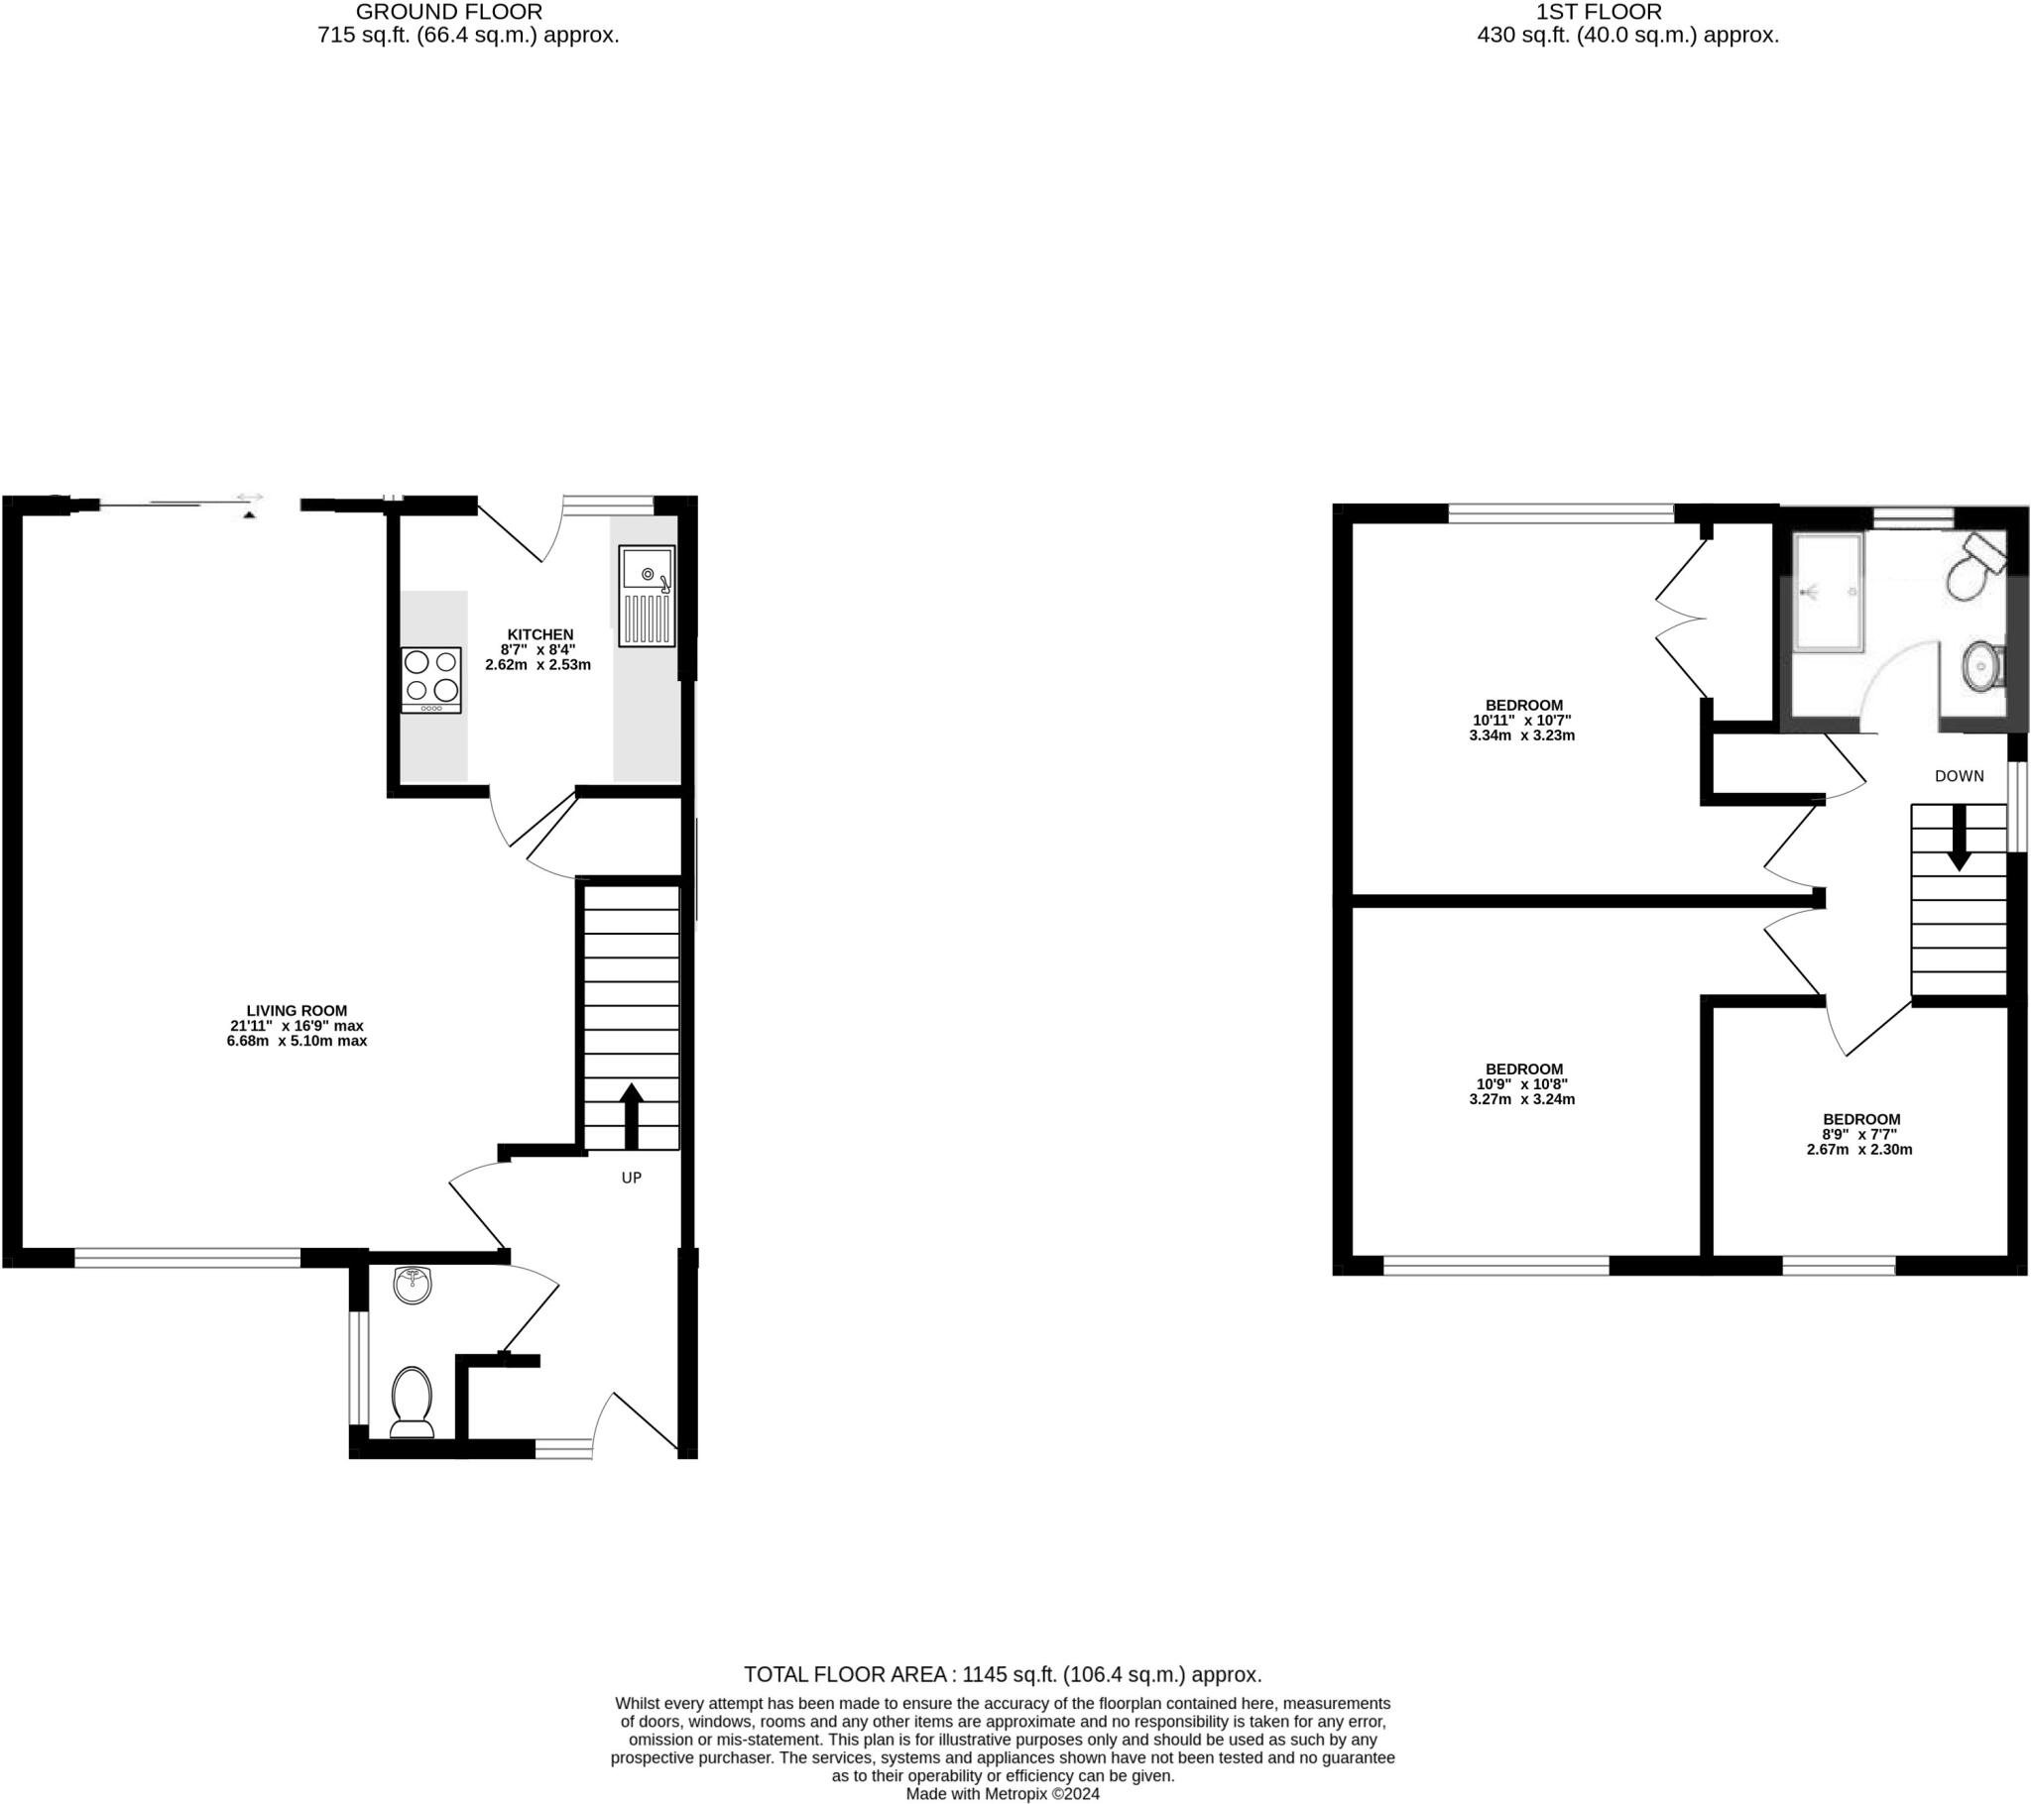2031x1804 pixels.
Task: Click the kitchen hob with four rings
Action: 431,680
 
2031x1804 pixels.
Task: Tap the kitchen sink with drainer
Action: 646,596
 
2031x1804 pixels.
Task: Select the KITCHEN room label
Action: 539,634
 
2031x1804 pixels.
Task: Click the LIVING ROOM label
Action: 298,1010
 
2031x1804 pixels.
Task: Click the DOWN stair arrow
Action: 1959,838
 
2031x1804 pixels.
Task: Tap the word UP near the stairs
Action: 631,1179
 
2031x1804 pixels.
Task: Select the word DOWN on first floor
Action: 1959,776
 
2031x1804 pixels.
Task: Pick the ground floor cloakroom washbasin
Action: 413,1285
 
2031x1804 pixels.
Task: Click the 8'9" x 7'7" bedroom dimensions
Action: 1860,1134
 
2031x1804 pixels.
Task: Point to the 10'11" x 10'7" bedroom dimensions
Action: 1521,721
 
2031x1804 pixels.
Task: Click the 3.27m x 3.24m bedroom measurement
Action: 1521,1099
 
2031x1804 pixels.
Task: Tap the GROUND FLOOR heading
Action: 448,13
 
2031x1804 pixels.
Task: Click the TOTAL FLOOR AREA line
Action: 1003,1675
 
